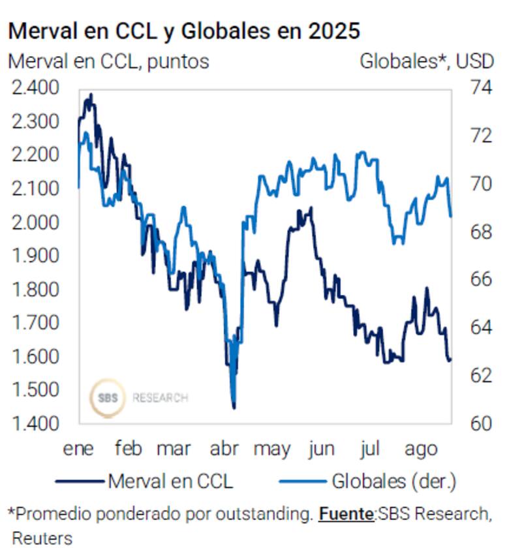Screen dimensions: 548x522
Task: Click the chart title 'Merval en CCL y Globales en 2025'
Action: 184,31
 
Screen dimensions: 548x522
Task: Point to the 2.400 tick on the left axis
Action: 38,87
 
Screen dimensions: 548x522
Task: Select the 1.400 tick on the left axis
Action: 38,423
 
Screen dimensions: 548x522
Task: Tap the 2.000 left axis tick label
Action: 38,222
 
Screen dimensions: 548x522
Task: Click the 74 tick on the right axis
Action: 482,87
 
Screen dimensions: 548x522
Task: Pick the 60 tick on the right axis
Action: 482,423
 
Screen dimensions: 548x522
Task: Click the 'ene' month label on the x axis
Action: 78,449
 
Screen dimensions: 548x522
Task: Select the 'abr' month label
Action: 224,449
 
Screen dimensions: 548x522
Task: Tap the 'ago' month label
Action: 421,449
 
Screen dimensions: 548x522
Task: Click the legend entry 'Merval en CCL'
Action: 170,482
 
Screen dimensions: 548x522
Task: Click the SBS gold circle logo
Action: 107,397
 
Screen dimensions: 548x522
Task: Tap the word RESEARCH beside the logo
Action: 160,397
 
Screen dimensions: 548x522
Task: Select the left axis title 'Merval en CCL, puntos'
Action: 108,61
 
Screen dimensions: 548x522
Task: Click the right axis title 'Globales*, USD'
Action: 427,61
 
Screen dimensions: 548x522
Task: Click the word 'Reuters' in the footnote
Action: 42,538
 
